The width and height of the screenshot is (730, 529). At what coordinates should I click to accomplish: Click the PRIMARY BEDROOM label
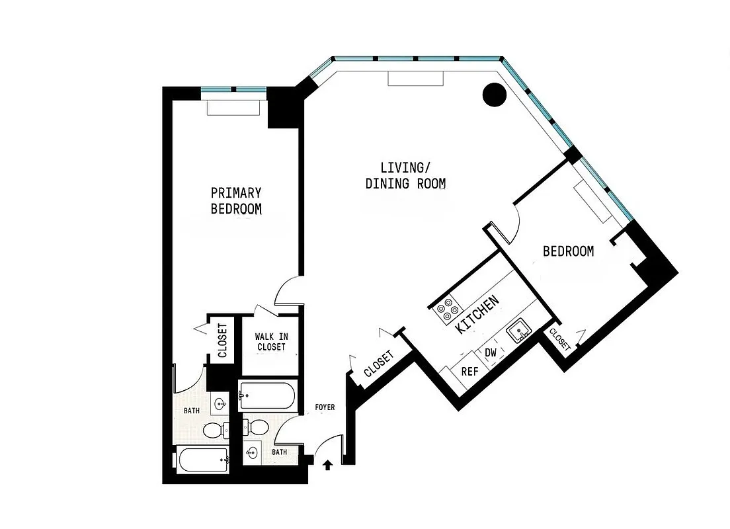(236, 201)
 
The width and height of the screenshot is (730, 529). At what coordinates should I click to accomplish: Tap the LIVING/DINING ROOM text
(405, 175)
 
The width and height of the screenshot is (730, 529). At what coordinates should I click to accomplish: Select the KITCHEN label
(477, 316)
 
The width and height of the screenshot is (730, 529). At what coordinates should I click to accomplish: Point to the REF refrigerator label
(469, 372)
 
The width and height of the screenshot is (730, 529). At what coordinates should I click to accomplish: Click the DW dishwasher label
(491, 353)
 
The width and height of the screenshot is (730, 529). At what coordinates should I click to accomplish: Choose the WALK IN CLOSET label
(270, 341)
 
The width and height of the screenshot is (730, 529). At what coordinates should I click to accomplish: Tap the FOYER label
(325, 407)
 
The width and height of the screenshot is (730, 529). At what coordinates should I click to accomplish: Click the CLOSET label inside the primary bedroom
(222, 340)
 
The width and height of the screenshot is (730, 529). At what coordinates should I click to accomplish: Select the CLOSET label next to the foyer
(379, 364)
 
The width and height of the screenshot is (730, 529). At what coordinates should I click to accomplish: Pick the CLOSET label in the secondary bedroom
(559, 339)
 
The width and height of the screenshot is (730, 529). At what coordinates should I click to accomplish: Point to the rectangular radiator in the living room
(415, 79)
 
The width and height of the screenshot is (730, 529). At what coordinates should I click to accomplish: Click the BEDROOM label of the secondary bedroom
(568, 251)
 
